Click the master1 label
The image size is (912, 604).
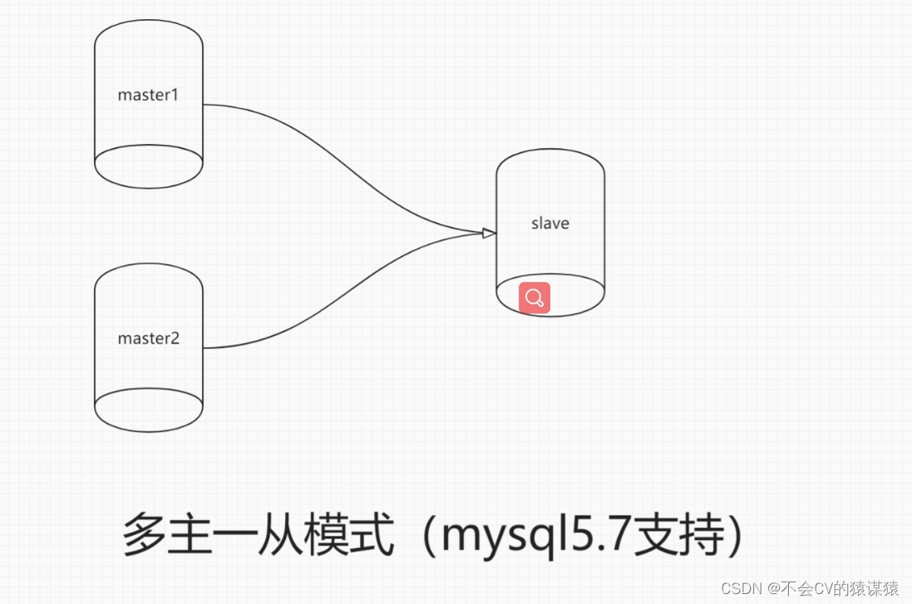point(148,95)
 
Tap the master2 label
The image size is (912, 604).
point(148,339)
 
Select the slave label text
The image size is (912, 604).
point(550,223)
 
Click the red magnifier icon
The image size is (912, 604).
point(535,298)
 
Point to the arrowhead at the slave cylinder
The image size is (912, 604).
point(489,233)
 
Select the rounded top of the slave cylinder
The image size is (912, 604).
point(550,158)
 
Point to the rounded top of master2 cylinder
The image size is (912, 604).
point(149,272)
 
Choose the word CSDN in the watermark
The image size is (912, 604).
point(741,588)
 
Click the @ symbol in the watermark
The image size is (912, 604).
point(773,588)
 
